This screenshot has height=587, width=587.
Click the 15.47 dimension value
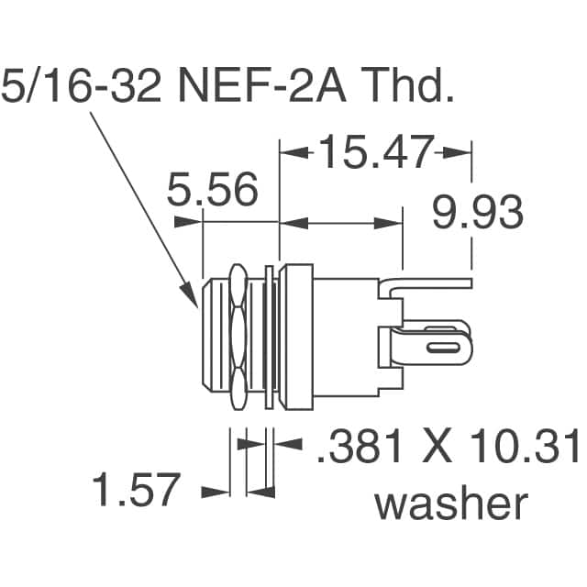click(373, 152)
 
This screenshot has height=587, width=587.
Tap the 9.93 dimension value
click(478, 214)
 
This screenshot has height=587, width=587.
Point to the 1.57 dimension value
click(135, 490)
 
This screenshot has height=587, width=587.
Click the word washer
click(453, 504)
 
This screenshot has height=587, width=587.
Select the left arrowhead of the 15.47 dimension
click(287, 153)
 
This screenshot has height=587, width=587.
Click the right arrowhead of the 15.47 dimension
click(463, 153)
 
